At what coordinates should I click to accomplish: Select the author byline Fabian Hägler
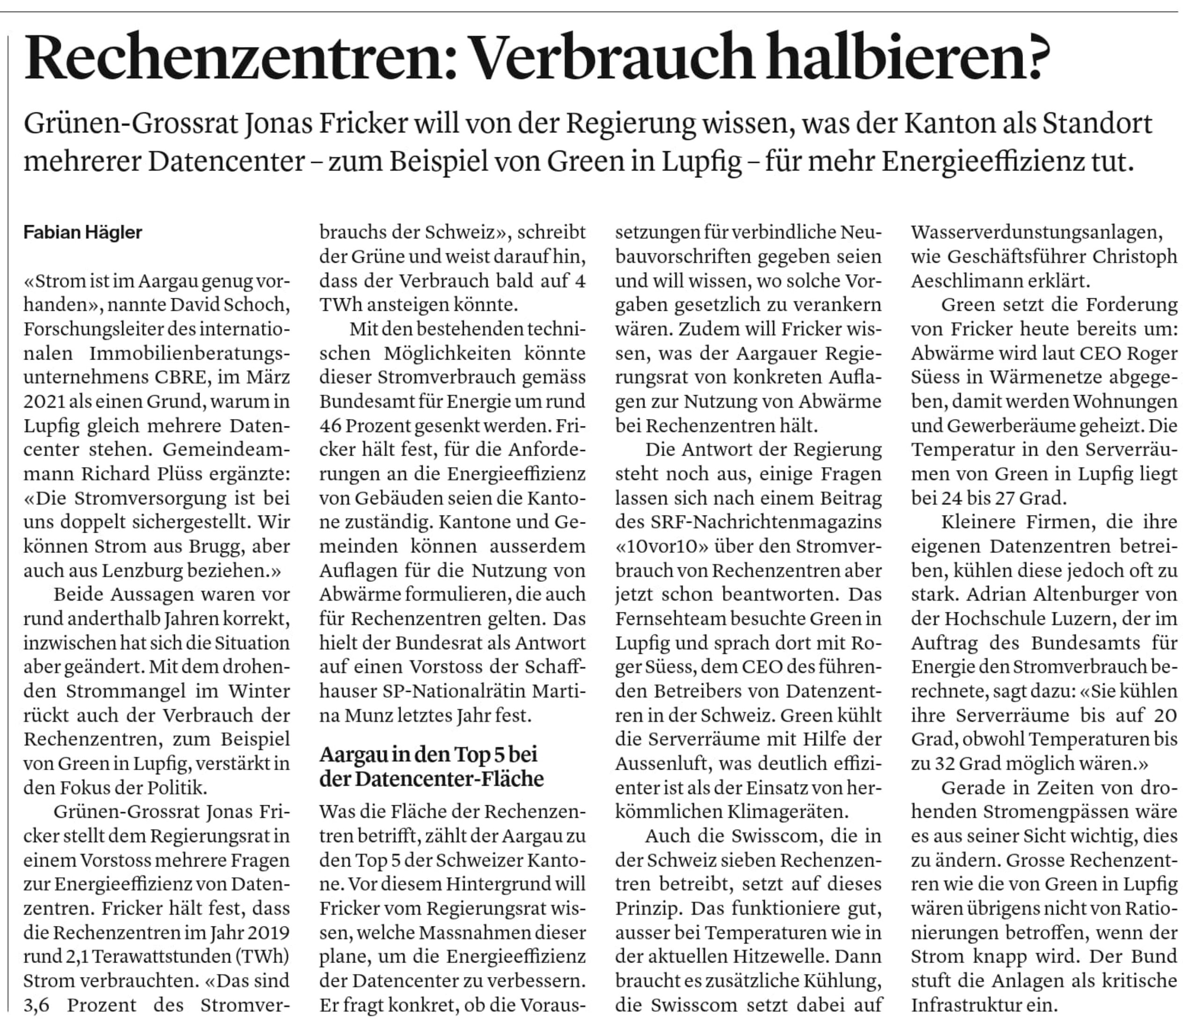83,233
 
